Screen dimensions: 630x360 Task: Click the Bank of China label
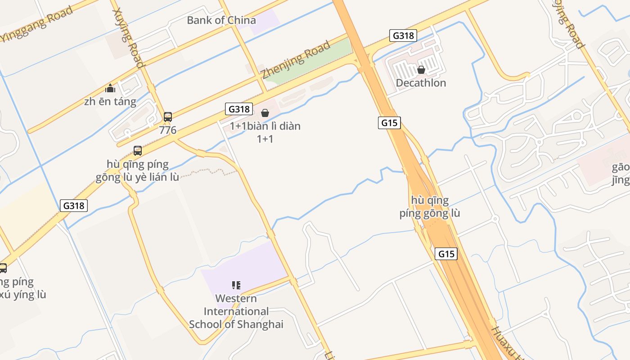[x=221, y=20]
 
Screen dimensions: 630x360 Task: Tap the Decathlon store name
[x=421, y=83]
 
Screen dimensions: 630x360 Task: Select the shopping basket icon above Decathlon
[x=421, y=70]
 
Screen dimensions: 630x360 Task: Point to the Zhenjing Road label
[x=297, y=60]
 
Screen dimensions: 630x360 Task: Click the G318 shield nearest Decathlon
[x=403, y=36]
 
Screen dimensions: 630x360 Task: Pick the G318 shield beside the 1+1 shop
[x=238, y=109]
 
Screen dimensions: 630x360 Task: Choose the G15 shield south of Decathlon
[x=389, y=122]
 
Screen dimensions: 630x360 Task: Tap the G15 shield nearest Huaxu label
[x=446, y=254]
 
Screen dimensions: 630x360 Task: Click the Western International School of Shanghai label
[x=236, y=311]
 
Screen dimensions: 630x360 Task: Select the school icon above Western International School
[x=236, y=285]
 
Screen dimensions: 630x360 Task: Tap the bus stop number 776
[x=168, y=130]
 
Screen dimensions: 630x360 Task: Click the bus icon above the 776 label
[x=168, y=117]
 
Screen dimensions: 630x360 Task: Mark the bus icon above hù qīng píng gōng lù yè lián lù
[x=138, y=151]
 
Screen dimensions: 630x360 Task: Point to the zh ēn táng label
[x=110, y=101]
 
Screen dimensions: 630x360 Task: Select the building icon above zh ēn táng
[x=110, y=88]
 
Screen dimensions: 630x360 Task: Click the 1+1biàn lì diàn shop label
[x=265, y=126]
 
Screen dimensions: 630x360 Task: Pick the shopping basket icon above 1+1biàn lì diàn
[x=265, y=113]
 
